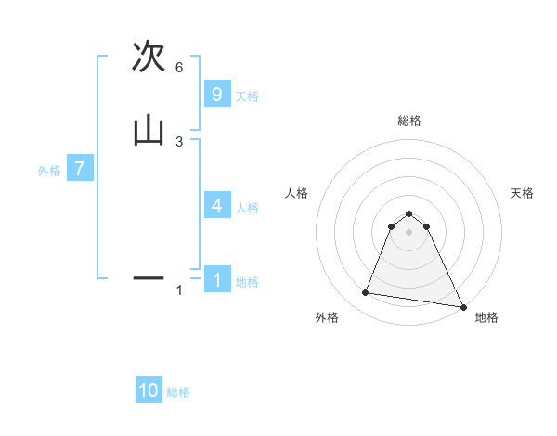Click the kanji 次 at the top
[149, 57]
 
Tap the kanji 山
[149, 130]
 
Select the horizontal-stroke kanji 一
[149, 276]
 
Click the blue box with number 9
[217, 95]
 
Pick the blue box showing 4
[217, 206]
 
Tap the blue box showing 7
[80, 170]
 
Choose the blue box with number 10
[149, 391]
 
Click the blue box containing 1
[217, 280]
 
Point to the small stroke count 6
[179, 67]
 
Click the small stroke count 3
[179, 141]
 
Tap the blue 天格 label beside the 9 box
[247, 96]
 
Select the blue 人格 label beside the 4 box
[247, 208]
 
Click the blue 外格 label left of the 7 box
[49, 171]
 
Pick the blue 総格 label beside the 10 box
[178, 392]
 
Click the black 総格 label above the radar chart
[408, 121]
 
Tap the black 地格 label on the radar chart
[486, 318]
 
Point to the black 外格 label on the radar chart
[327, 318]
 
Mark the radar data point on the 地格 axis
[462, 306]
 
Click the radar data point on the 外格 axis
[366, 293]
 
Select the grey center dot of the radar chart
[408, 232]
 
